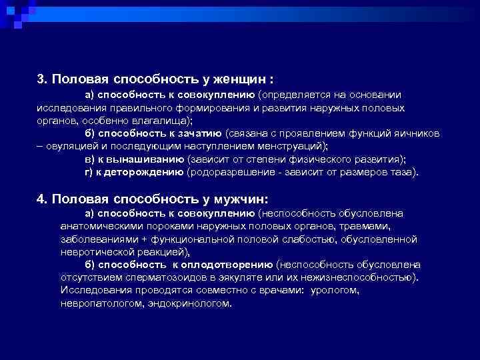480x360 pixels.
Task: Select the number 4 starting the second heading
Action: click(40, 199)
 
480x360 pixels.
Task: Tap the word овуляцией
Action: click(71, 145)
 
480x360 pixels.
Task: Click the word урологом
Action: click(336, 290)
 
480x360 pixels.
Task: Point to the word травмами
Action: click(389, 225)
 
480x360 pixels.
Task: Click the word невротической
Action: click(92, 251)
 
